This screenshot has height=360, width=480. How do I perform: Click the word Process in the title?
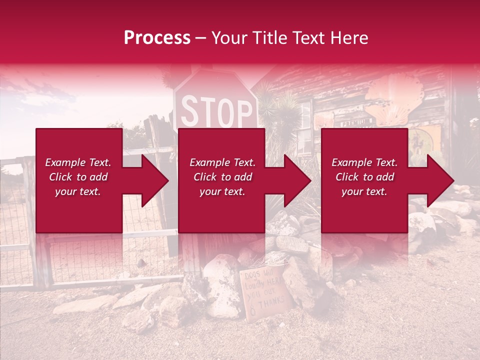coord(157,38)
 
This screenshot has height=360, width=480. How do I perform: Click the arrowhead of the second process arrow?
coord(297,180)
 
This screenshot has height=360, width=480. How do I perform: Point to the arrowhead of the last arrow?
coord(440,180)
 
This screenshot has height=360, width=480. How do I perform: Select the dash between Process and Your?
coord(200,38)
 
